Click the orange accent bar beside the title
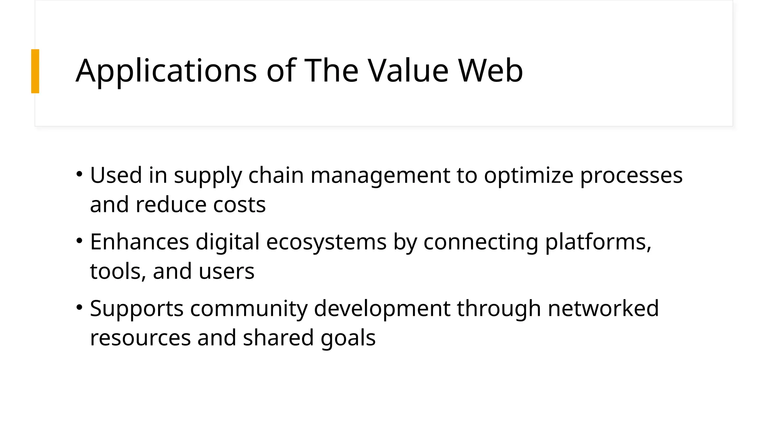point(35,71)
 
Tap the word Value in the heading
point(409,71)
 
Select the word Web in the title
point(490,71)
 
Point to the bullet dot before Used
point(79,174)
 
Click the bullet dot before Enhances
point(79,241)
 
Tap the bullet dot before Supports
point(79,307)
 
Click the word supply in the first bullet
point(208,176)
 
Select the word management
point(380,176)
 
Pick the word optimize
point(529,176)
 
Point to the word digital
point(227,242)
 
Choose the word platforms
point(598,242)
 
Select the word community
point(249,309)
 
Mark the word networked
point(603,308)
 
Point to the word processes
point(631,176)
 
